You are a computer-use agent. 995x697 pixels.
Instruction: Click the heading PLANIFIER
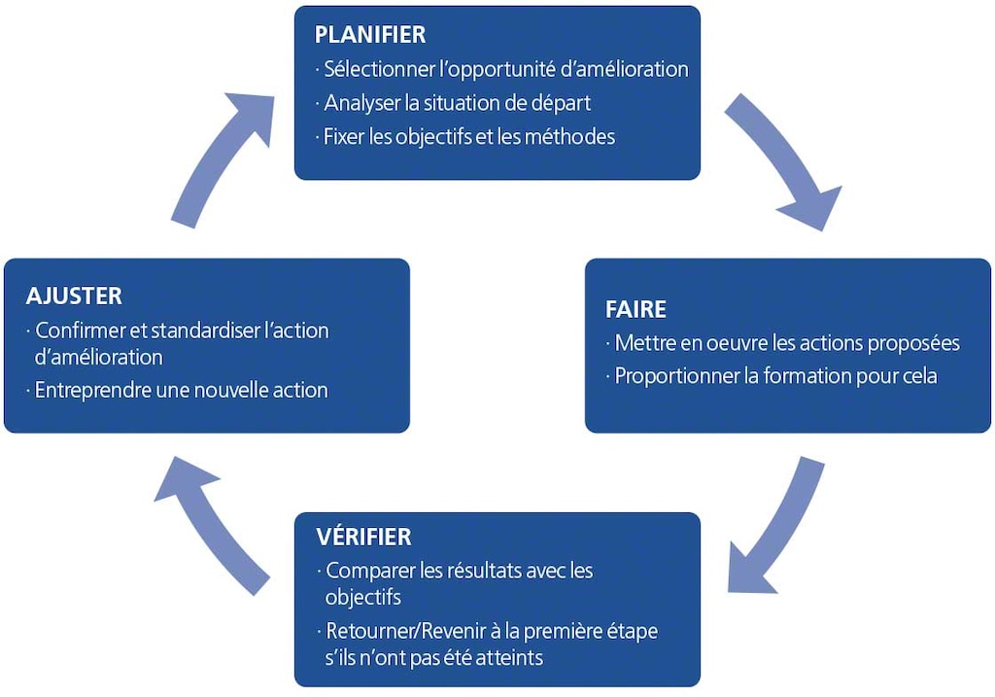coord(370,35)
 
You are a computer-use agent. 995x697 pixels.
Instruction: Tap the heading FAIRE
coord(635,310)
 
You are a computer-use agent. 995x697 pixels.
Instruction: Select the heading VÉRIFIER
coord(363,537)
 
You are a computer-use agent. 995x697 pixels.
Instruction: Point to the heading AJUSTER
coord(74,296)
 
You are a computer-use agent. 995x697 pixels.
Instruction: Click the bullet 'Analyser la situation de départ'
coord(458,103)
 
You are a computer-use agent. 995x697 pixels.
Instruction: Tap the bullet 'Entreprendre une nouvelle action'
coord(181,391)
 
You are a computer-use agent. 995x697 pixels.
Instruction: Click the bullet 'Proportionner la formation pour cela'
coord(775,376)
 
